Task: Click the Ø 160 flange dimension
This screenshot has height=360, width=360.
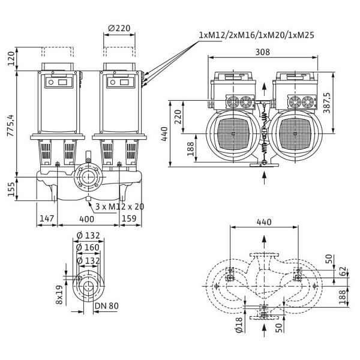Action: (x=88, y=247)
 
